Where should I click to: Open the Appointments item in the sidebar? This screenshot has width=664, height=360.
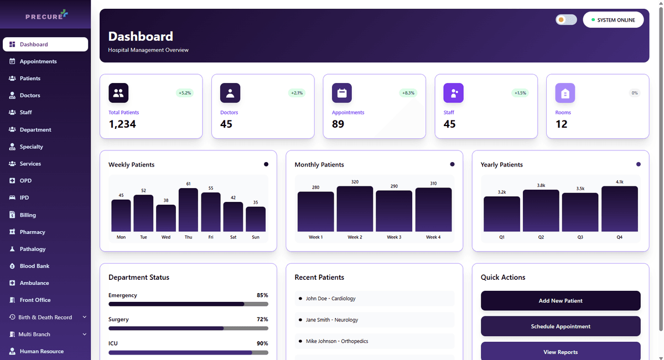38,61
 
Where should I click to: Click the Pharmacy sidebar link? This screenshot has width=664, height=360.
32,232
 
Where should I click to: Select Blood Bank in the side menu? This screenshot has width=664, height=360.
34,266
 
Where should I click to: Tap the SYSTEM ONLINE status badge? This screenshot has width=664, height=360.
613,20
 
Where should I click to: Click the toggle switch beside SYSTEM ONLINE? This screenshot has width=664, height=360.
566,20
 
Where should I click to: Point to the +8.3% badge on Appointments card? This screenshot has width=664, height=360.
408,93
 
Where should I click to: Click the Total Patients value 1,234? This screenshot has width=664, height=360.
122,124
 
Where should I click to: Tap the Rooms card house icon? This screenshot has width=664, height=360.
565,93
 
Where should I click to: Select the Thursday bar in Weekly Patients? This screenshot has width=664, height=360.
188,210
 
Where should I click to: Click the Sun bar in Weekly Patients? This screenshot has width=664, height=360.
256,219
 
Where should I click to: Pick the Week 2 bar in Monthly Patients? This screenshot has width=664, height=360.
355,209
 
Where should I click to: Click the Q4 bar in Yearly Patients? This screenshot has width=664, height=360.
619,209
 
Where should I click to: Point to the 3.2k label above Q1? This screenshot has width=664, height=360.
502,192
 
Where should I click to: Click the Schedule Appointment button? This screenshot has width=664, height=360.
561,326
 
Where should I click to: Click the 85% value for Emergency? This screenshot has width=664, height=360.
262,295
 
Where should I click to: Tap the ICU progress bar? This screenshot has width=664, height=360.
188,352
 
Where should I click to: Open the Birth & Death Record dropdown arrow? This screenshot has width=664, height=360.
85,317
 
